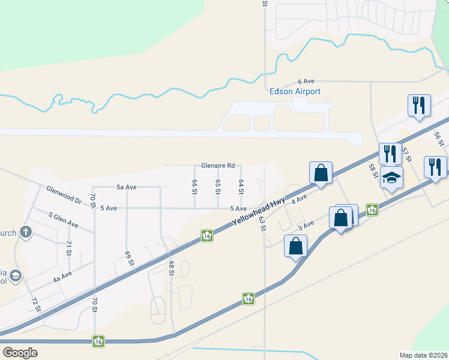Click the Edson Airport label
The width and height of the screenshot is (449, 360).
tap(295, 91)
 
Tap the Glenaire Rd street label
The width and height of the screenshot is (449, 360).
tap(217, 166)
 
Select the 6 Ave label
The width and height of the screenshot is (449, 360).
tap(306, 81)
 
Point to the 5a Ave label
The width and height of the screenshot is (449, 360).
tap(127, 187)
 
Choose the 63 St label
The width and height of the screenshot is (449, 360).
tap(262, 224)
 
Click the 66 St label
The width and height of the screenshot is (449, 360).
tap(194, 187)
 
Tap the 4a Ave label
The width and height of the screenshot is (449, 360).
tap(62, 276)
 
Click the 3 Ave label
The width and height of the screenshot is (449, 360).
tap(306, 225)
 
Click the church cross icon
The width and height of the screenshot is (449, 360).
tap(26, 231)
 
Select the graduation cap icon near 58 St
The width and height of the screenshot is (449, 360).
tap(391, 178)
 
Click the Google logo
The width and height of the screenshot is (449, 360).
tap(20, 353)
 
